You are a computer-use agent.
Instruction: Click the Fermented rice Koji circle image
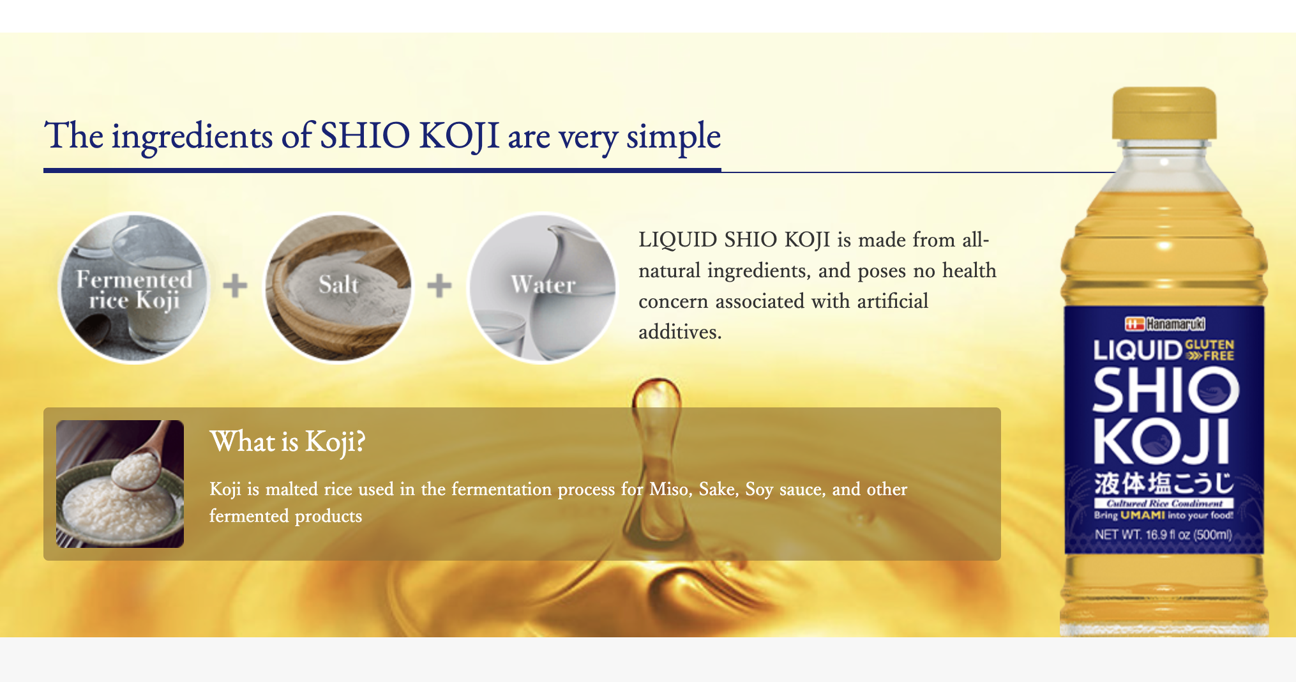pyautogui.click(x=134, y=288)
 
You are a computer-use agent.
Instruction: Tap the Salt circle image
pyautogui.click(x=338, y=288)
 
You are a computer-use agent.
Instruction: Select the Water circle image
pyautogui.click(x=543, y=288)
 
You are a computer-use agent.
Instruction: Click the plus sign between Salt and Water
pyautogui.click(x=439, y=285)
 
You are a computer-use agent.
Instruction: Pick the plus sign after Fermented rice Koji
pyautogui.click(x=235, y=285)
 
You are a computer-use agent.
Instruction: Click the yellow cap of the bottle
pyautogui.click(x=1164, y=114)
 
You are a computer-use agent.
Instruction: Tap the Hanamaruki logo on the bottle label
pyautogui.click(x=1164, y=324)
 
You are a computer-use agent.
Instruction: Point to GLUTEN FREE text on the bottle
pyautogui.click(x=1209, y=350)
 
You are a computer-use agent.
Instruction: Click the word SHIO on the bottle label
pyautogui.click(x=1166, y=391)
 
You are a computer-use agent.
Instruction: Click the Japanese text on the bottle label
pyautogui.click(x=1164, y=483)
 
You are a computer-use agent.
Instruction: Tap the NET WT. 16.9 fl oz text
pyautogui.click(x=1163, y=534)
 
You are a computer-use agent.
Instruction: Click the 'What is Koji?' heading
pyautogui.click(x=287, y=442)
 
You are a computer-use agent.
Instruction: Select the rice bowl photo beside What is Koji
pyautogui.click(x=120, y=483)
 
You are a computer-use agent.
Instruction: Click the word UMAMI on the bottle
pyautogui.click(x=1142, y=515)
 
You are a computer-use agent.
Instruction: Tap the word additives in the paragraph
pyautogui.click(x=680, y=332)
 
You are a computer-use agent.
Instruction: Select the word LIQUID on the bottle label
pyautogui.click(x=1138, y=351)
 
